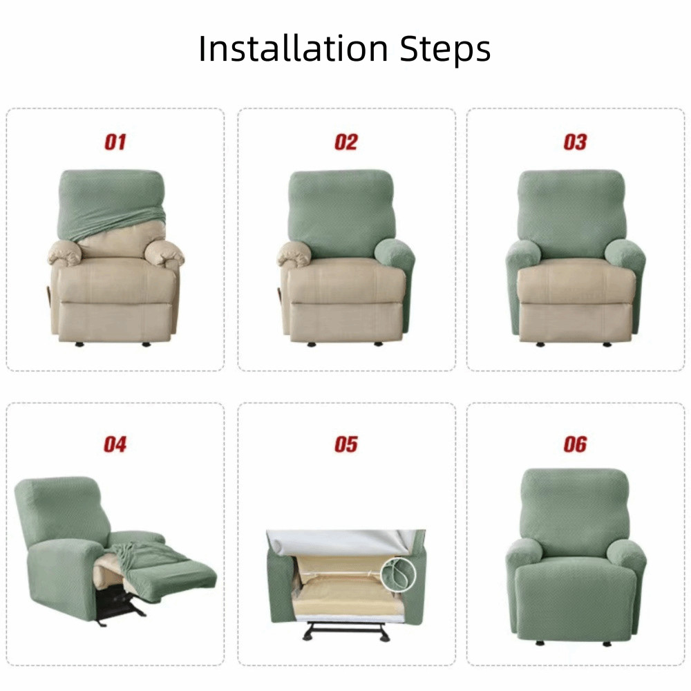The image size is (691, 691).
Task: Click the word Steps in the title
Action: (x=445, y=49)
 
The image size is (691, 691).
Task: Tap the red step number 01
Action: (x=115, y=142)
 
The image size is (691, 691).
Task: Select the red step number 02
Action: (x=346, y=142)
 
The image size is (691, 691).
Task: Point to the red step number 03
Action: (x=575, y=142)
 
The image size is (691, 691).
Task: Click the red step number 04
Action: (x=115, y=444)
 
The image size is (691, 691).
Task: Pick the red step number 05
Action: (x=346, y=444)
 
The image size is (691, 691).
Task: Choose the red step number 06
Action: (x=575, y=444)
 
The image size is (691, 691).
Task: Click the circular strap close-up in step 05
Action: (x=399, y=575)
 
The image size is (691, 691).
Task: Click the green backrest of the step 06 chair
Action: (x=575, y=507)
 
